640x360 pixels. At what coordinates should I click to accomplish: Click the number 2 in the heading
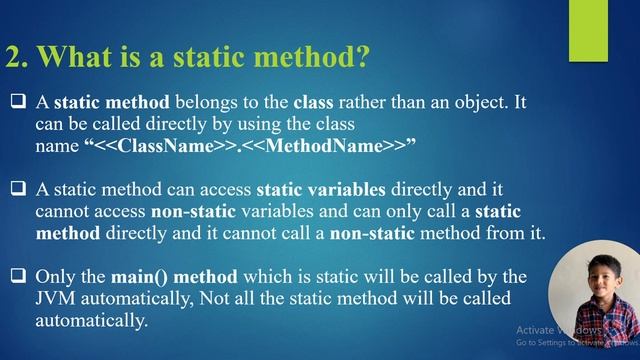pos(15,57)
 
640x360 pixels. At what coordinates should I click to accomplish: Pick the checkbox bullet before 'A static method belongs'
pos(19,102)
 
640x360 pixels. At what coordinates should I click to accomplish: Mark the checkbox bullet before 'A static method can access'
pos(19,189)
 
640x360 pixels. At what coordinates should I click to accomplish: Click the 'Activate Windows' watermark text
pos(559,330)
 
